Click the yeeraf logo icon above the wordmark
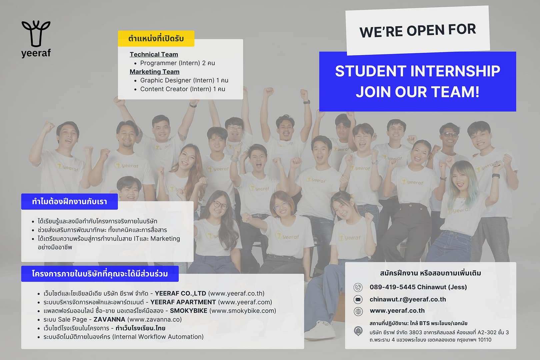[x=36, y=34]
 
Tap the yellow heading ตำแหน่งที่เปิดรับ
[x=156, y=39]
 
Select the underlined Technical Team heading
[x=154, y=54]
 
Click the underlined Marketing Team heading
[x=155, y=72]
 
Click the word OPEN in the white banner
[x=425, y=30]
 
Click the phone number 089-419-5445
[x=392, y=287]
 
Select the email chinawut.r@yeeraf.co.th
[x=408, y=299]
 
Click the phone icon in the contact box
[x=358, y=287]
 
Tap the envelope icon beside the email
[x=358, y=299]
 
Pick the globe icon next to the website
[x=358, y=311]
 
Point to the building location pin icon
[x=358, y=331]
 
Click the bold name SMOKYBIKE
[x=189, y=311]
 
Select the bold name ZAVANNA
[x=109, y=319]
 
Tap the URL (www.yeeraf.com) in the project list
[x=245, y=302]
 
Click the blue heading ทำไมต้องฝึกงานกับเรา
[x=69, y=201]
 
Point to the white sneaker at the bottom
[x=320, y=331]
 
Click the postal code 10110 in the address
[x=485, y=340]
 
